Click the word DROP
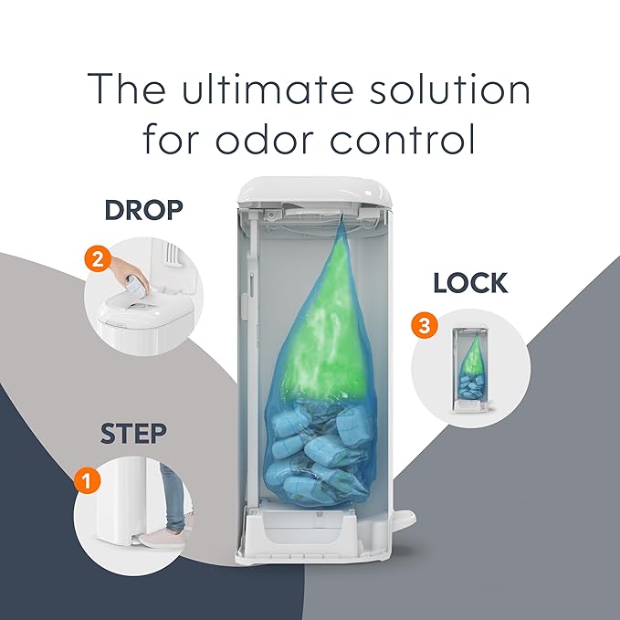click(144, 210)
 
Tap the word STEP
click(133, 434)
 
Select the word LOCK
click(470, 283)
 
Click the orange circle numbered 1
click(88, 480)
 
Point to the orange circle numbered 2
click(98, 259)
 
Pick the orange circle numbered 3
click(425, 325)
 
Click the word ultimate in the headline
click(268, 89)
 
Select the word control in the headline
click(402, 139)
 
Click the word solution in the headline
click(449, 89)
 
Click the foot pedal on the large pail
click(404, 517)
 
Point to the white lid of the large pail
click(315, 191)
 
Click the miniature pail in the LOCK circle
click(470, 369)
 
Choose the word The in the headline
click(127, 89)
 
